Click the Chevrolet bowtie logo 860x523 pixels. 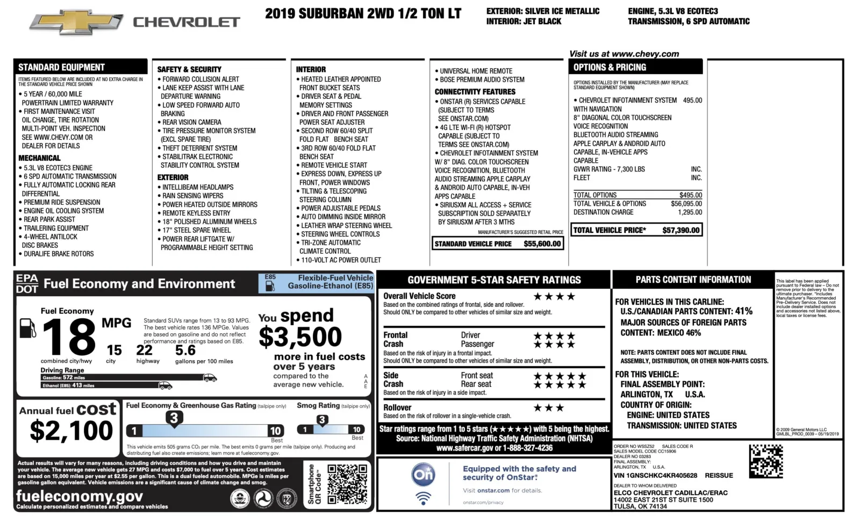pos(76,22)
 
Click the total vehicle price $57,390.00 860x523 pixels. pos(681,230)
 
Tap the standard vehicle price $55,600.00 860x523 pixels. pos(542,243)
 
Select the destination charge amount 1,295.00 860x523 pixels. pos(690,212)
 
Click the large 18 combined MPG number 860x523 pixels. pos(68,336)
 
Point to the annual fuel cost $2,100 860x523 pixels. pos(71,431)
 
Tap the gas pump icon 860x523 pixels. pos(27,328)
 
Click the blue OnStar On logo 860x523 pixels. pos(423,475)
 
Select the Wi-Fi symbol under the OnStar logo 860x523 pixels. pos(424,498)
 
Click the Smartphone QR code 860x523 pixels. pos(347,484)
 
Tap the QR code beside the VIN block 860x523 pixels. pos(766,461)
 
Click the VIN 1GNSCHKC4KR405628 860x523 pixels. pos(655,476)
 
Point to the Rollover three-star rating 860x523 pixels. pos(548,408)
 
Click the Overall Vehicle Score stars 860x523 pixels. pos(554,296)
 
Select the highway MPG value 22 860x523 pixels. pos(144,350)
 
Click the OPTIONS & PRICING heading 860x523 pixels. pos(610,67)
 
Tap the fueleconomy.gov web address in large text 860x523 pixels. pos(80,496)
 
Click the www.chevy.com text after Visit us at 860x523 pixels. pos(645,54)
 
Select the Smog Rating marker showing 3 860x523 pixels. pos(322,420)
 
